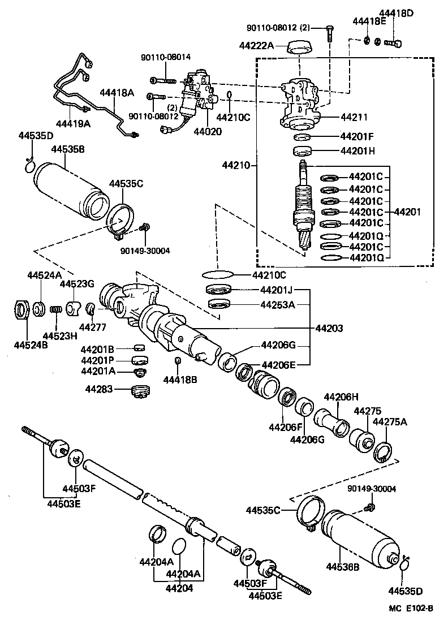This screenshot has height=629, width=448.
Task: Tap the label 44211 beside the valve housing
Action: click(x=354, y=118)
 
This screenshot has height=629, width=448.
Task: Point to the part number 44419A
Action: click(x=73, y=123)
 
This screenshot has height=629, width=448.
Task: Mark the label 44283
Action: click(x=99, y=389)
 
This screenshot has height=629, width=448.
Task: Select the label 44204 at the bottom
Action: click(x=179, y=588)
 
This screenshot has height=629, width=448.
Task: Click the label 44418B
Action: click(x=180, y=379)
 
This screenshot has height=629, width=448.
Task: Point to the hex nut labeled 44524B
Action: click(x=21, y=311)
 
